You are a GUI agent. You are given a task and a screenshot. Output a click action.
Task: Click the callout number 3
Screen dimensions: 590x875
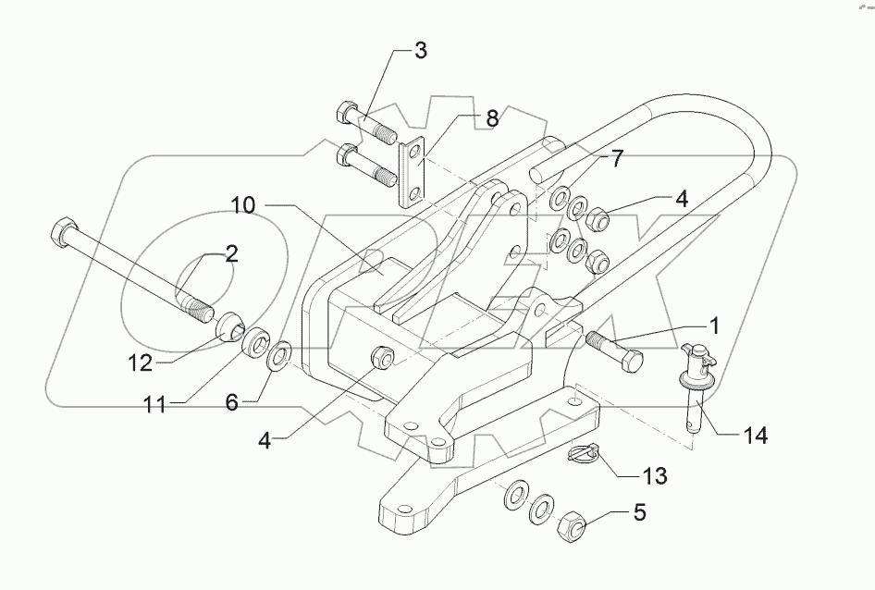click(420, 51)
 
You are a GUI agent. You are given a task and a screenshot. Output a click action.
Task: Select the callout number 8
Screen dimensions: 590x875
click(491, 118)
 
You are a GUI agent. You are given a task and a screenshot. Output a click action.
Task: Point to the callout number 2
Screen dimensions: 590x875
click(231, 255)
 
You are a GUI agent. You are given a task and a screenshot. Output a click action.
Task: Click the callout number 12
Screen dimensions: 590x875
click(141, 364)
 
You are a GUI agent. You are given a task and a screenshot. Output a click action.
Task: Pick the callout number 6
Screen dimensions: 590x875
click(231, 403)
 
